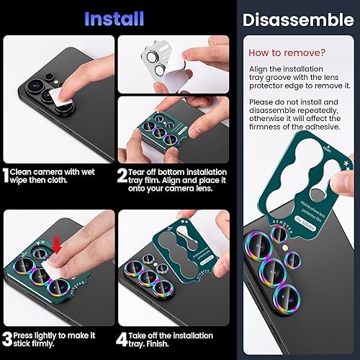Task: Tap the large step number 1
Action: click(6, 174)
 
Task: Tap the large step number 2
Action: click(123, 174)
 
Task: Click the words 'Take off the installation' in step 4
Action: click(173, 336)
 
